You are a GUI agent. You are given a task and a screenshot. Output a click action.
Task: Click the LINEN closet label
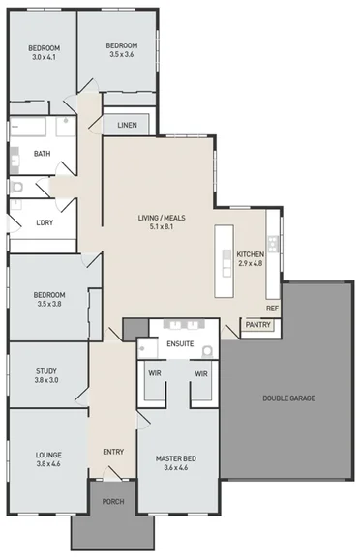(x=126, y=126)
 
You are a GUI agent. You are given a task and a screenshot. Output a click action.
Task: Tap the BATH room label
(x=42, y=154)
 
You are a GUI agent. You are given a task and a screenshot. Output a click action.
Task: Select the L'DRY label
(x=44, y=223)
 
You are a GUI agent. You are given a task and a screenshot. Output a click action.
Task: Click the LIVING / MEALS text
(x=162, y=220)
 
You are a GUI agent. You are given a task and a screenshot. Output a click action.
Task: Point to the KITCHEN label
(x=250, y=254)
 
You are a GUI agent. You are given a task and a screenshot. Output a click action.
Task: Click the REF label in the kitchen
(x=272, y=309)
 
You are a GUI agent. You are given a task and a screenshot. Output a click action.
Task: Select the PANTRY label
(x=257, y=325)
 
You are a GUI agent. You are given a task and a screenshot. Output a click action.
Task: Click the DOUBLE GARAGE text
(x=288, y=398)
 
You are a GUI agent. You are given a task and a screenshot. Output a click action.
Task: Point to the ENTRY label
(x=113, y=452)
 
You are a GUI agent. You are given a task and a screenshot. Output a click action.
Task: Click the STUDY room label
(x=46, y=370)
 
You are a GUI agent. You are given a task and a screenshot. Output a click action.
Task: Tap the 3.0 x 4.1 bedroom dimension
(x=44, y=57)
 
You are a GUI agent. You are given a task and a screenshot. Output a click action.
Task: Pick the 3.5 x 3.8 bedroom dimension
(x=48, y=304)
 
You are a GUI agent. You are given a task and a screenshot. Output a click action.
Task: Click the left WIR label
(x=154, y=372)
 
